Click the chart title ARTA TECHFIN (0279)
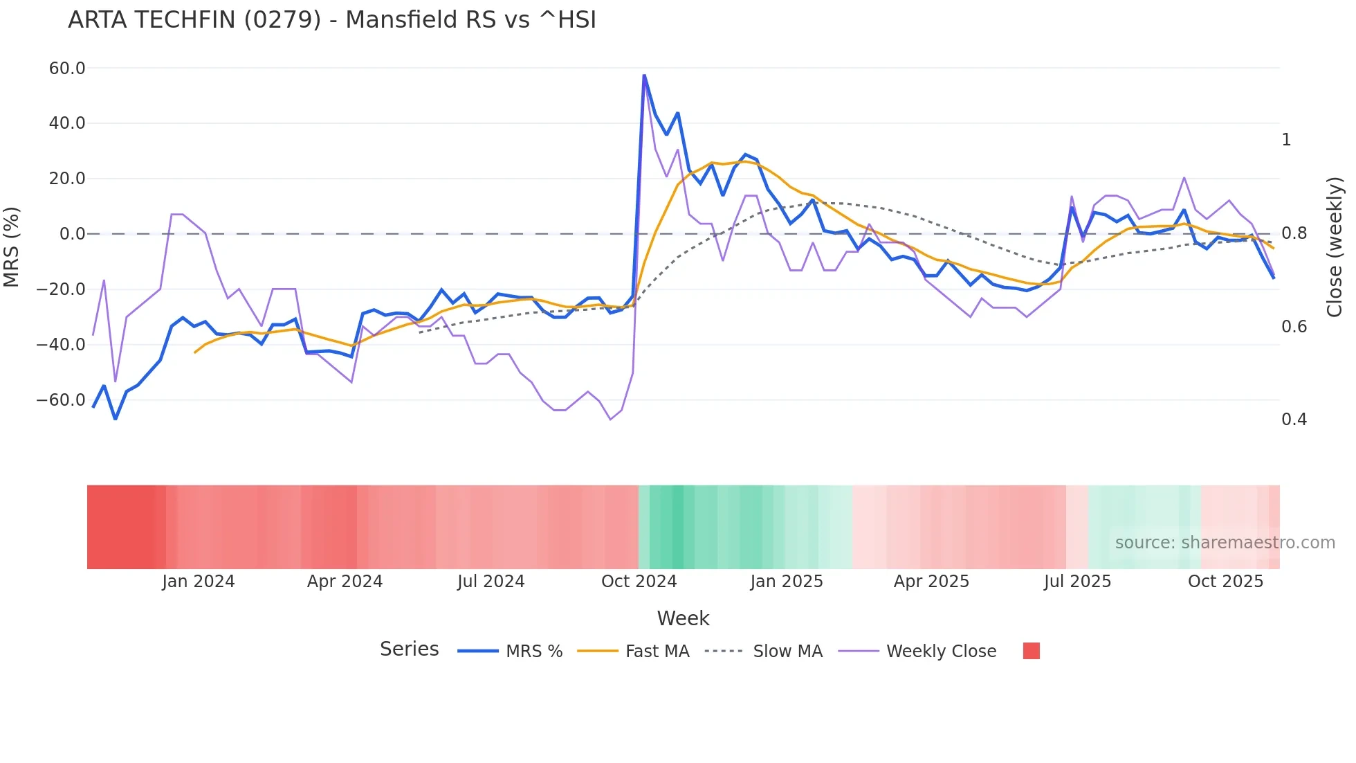331,20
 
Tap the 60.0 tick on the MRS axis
67,69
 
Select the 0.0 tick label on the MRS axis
73,234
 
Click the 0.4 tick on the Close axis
1294,420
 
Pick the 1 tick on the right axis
1286,140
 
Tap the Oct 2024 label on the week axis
639,582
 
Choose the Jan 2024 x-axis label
199,582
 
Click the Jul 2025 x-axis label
1077,582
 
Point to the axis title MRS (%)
12,246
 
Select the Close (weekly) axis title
1335,247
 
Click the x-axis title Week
683,618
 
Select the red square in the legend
1031,651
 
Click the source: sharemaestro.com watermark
1225,543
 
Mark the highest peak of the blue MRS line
644,75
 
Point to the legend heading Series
409,649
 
